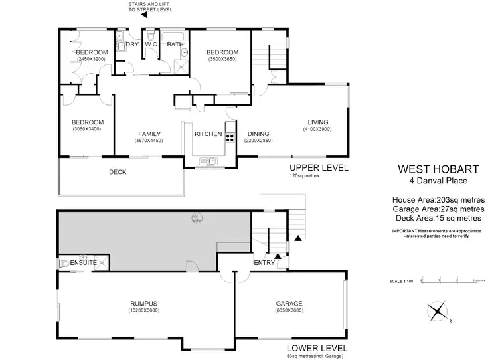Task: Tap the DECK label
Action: [x=118, y=172]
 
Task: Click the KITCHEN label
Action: [x=208, y=134]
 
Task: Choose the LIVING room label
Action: [x=318, y=121]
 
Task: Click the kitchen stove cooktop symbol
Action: [x=230, y=138]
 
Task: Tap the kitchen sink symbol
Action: [x=207, y=161]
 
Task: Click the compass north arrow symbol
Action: [x=438, y=310]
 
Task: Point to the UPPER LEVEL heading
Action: [x=319, y=167]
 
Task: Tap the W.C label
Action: [x=150, y=45]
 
